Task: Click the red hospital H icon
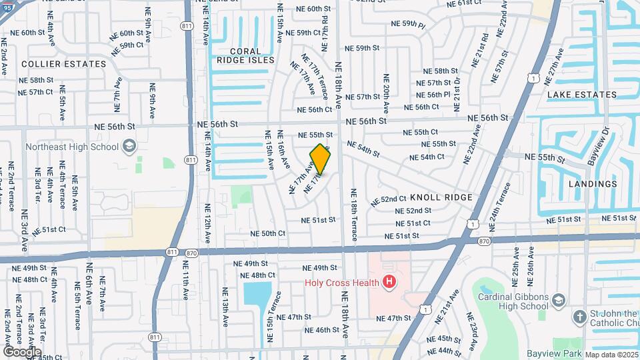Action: click(389, 283)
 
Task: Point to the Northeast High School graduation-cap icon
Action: click(129, 147)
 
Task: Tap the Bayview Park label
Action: click(554, 353)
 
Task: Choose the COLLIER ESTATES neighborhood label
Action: click(64, 64)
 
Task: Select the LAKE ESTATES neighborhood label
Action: click(582, 95)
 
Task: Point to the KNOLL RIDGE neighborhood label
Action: click(441, 197)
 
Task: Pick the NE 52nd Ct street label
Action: click(389, 199)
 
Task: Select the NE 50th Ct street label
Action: click(268, 233)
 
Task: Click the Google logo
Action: click(23, 351)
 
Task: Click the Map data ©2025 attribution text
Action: click(611, 355)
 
